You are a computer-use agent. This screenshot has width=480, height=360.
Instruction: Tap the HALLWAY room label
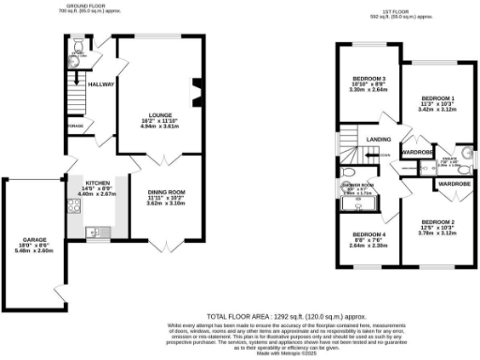coord(101,84)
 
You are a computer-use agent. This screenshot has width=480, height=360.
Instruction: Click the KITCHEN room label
coord(99,183)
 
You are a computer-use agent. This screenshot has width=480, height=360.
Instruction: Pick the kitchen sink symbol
coord(92,232)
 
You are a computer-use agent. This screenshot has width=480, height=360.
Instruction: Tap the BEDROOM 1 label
coord(438,98)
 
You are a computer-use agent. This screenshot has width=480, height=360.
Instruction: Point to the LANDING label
coord(378,141)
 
